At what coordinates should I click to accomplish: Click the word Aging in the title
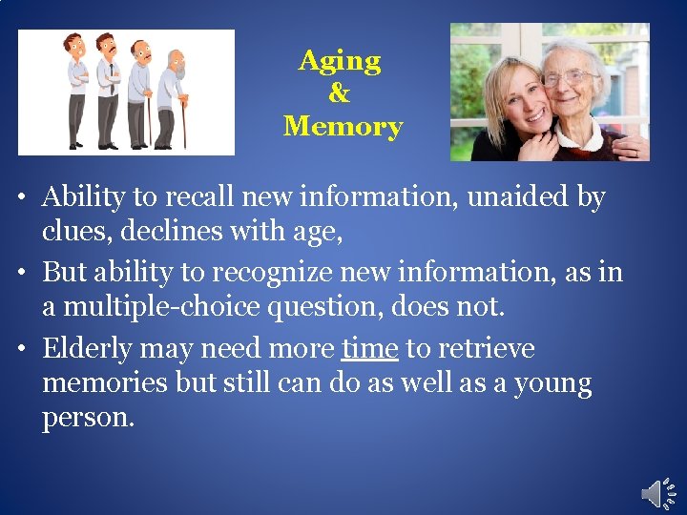(340, 62)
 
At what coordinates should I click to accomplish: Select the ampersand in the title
(339, 93)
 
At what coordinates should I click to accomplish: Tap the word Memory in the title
(343, 126)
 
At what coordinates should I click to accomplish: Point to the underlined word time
(369, 348)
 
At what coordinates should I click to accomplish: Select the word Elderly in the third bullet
(93, 348)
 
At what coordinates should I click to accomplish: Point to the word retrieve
(487, 348)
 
